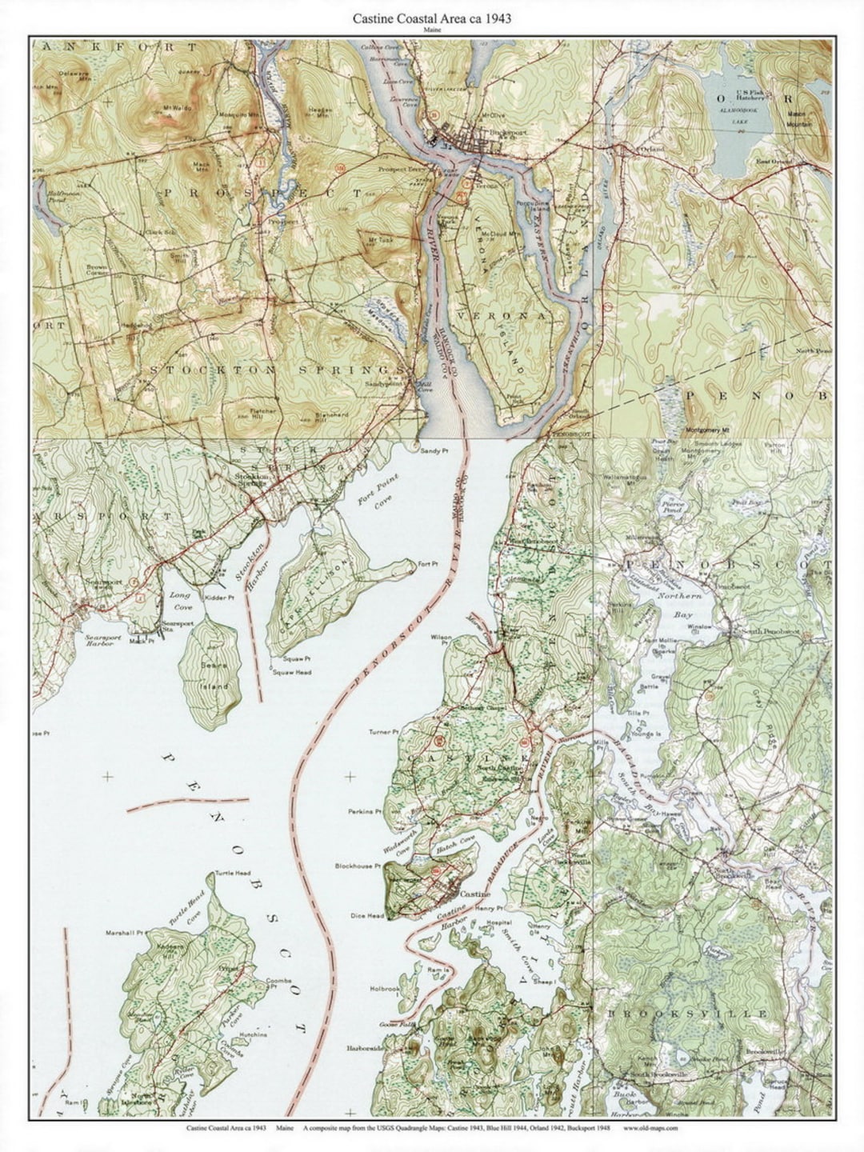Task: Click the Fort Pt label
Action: point(427,565)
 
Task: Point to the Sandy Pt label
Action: point(431,451)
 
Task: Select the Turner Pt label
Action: point(382,732)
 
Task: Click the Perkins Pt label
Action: point(365,811)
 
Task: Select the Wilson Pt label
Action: point(442,638)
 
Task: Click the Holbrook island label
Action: point(385,989)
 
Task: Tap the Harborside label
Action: point(366,1048)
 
